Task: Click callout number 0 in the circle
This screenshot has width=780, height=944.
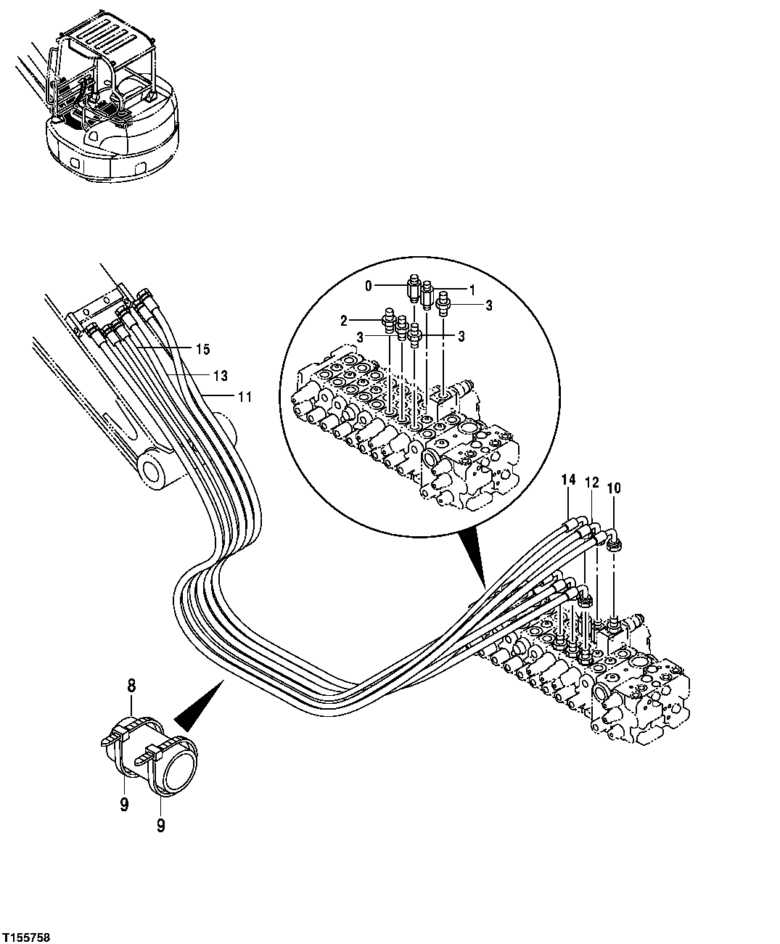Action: click(368, 287)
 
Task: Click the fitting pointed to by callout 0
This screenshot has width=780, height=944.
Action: click(414, 288)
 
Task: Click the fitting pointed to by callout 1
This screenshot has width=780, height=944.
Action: click(428, 295)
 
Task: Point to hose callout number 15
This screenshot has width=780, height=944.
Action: click(202, 350)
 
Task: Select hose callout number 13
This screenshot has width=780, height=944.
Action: click(221, 375)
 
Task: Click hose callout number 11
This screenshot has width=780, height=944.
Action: click(244, 396)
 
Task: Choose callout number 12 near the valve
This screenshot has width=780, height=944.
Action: click(591, 483)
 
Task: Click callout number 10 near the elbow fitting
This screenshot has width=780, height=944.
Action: click(614, 489)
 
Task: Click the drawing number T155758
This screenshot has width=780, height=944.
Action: click(26, 933)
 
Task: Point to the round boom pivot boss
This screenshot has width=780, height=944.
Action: click(155, 469)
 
